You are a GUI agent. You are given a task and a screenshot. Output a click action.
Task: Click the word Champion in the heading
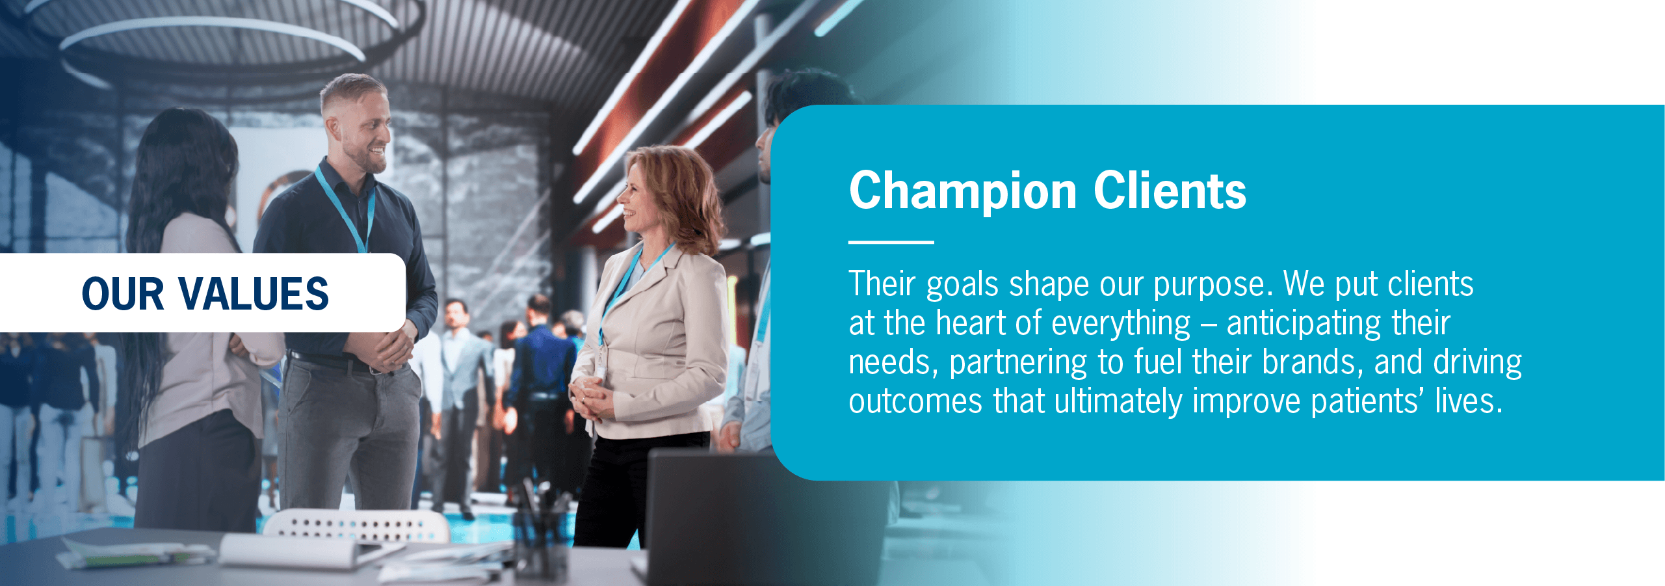coord(964,192)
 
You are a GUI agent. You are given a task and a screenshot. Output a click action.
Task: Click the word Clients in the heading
coord(1170,191)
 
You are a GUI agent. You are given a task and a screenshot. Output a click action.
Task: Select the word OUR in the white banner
coord(122,293)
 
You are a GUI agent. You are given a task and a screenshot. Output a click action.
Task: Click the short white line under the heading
coord(891,242)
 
